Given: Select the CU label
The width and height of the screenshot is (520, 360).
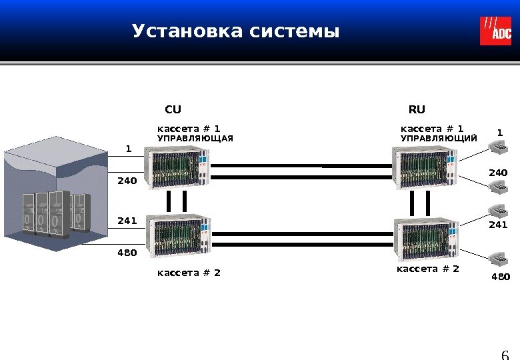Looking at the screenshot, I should (173, 109).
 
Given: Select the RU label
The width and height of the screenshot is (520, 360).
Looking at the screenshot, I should (417, 109).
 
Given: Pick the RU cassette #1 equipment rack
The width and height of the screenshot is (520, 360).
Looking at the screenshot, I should (425, 167).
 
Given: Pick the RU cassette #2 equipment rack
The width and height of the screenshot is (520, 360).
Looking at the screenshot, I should (425, 238).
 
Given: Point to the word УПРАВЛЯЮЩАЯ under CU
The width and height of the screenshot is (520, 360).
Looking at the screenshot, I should (195, 139).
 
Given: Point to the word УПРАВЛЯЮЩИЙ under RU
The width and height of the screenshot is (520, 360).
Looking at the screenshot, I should (438, 139).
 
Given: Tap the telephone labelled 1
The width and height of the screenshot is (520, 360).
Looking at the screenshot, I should (499, 148).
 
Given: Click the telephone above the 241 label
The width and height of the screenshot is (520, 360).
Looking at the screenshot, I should (499, 210).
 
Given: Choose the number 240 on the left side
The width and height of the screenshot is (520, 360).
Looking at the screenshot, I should (127, 180).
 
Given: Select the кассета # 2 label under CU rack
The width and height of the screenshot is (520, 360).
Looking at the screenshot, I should (189, 272).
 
